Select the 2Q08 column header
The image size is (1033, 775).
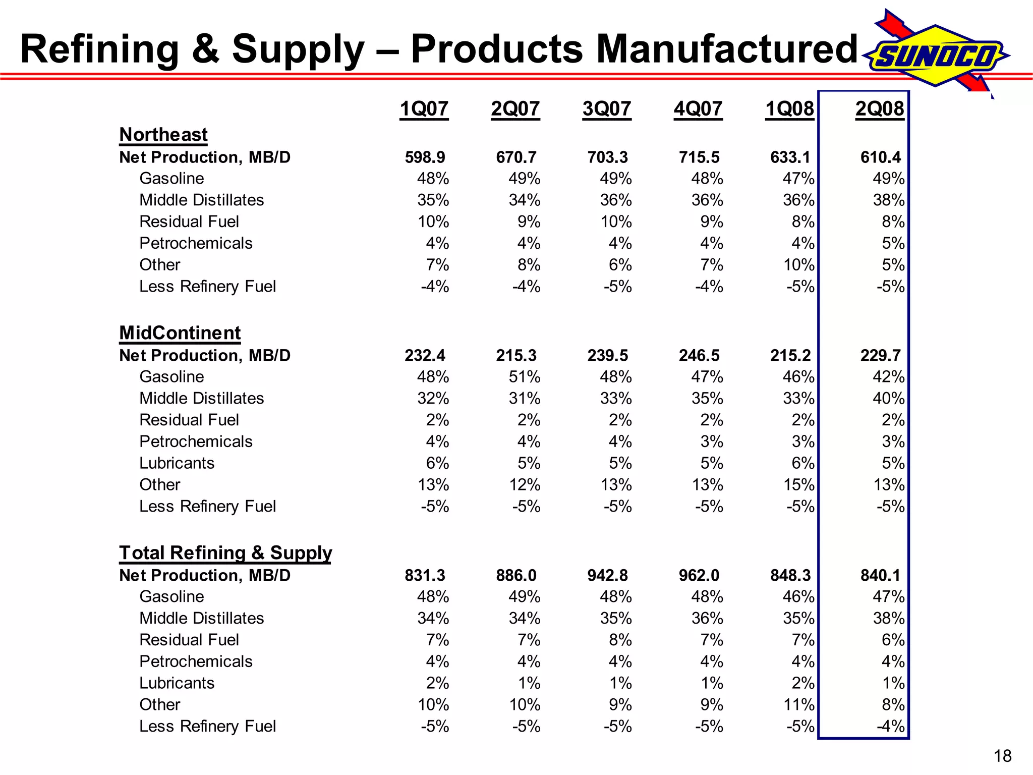880,108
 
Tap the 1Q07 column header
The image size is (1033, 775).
424,108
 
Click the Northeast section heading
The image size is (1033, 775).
163,135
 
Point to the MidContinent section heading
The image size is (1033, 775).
180,333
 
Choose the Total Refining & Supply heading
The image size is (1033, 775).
225,552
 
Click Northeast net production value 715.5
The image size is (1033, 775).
699,157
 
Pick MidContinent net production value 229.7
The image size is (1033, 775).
880,356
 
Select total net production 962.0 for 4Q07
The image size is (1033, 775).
699,575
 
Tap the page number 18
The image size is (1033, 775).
1002,756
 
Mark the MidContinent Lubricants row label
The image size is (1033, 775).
177,463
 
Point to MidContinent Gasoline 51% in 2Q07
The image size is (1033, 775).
524,377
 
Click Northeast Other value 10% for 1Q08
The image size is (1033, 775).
798,265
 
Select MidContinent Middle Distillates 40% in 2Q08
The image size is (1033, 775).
888,399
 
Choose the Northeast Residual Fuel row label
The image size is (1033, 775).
189,222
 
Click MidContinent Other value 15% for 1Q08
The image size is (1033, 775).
798,485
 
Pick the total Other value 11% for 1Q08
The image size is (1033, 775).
798,705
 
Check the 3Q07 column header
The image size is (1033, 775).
606,108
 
